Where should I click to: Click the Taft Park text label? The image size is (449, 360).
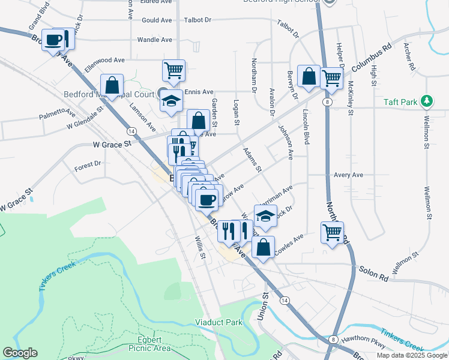pyautogui.click(x=400, y=102)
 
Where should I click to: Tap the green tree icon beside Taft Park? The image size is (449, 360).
pyautogui.click(x=427, y=101)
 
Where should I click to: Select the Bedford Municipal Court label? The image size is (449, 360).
pyautogui.click(x=110, y=94)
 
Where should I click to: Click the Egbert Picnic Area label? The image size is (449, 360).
pyautogui.click(x=149, y=343)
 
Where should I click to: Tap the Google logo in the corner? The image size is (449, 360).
pyautogui.click(x=20, y=353)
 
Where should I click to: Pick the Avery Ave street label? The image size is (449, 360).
pyautogui.click(x=349, y=175)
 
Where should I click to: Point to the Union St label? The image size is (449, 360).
pyautogui.click(x=262, y=307)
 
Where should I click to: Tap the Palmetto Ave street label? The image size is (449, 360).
pyautogui.click(x=58, y=114)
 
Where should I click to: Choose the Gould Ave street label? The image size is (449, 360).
pyautogui.click(x=157, y=20)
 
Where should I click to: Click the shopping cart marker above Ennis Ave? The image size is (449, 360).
pyautogui.click(x=173, y=70)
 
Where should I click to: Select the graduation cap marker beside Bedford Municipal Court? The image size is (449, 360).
pyautogui.click(x=171, y=101)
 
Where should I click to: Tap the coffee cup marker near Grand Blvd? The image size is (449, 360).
pyautogui.click(x=53, y=40)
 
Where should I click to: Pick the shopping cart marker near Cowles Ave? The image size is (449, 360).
pyautogui.click(x=332, y=232)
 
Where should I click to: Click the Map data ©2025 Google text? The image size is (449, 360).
pyautogui.click(x=411, y=355)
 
